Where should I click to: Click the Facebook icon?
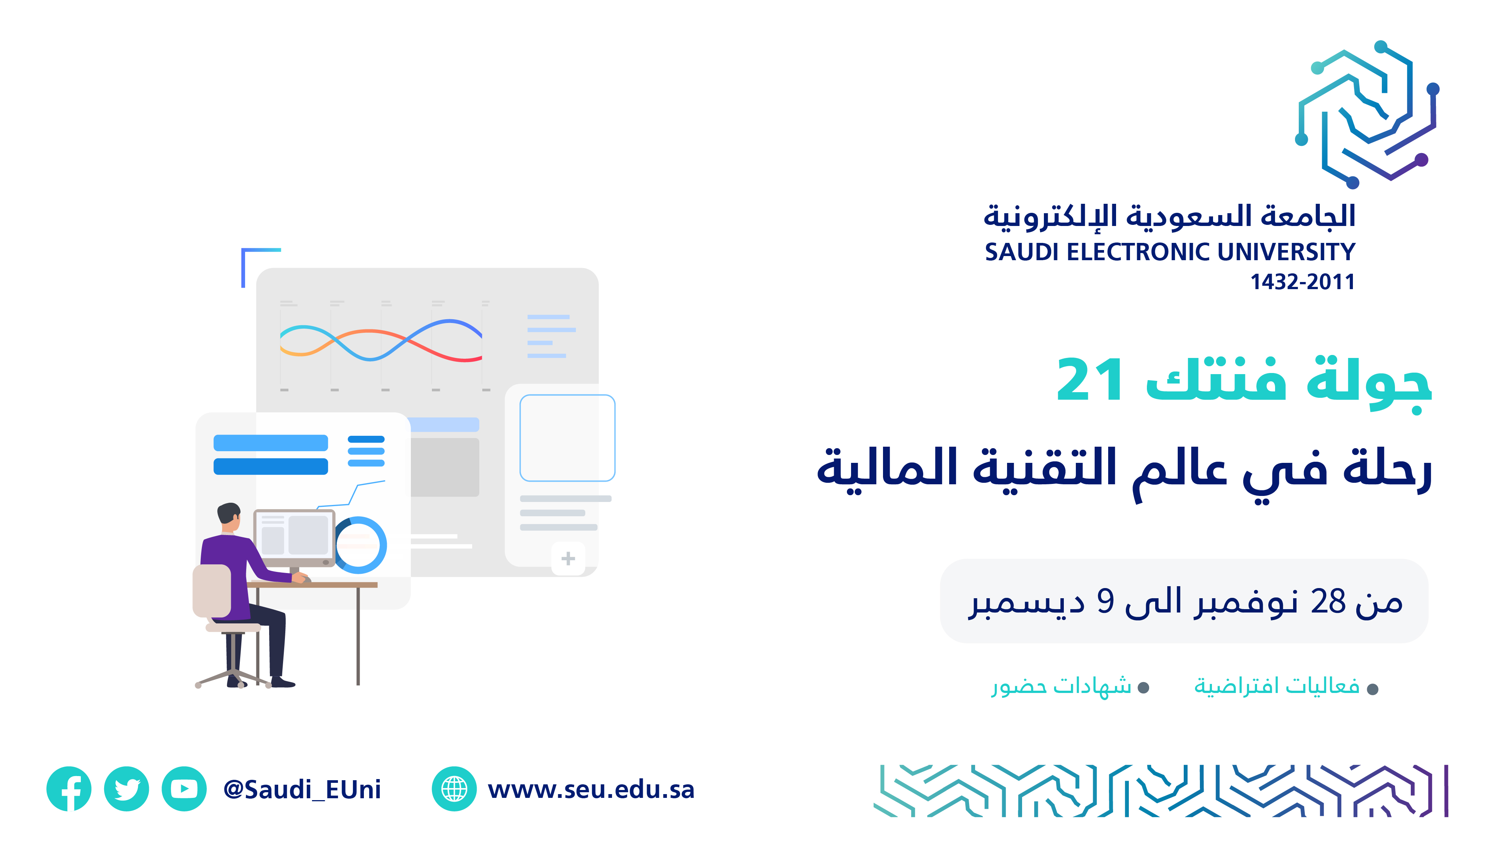(x=69, y=789)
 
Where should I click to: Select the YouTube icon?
(x=184, y=789)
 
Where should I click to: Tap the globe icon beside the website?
(x=454, y=789)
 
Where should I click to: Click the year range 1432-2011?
(x=1303, y=282)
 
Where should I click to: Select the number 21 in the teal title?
(x=1089, y=380)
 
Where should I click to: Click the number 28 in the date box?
(x=1328, y=601)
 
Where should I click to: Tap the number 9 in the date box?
(x=1105, y=601)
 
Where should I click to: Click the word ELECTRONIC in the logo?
(x=1139, y=252)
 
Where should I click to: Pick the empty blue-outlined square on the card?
(x=568, y=438)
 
